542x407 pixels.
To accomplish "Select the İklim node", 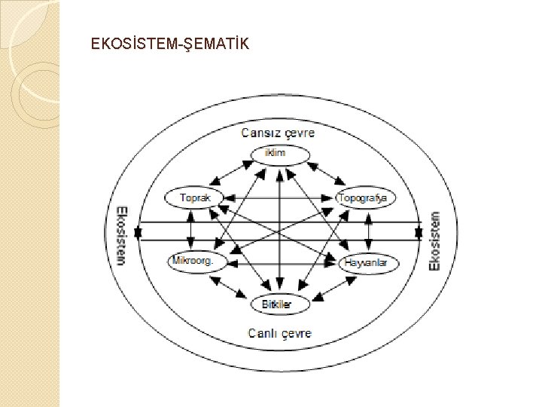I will [x=279, y=155].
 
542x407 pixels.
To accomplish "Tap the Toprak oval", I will [x=193, y=198].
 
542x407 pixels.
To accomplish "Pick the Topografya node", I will [x=366, y=198].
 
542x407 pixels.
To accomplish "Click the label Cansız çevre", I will [x=278, y=133].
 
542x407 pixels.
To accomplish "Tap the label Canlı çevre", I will [x=279, y=333].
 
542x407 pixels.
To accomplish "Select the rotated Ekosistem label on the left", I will [x=121, y=234].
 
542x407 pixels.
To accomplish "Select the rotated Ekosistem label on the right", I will [x=434, y=240].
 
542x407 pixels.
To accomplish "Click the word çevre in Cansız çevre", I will [x=297, y=133].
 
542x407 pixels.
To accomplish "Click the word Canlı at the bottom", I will [x=263, y=333].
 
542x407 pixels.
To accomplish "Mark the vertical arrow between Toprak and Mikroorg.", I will [x=190, y=230].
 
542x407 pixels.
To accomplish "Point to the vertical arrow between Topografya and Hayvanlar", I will [x=368, y=230].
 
